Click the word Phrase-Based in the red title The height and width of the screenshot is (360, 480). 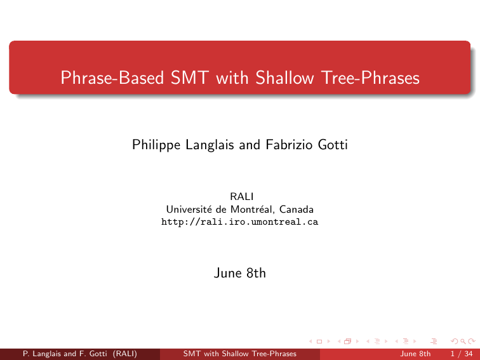pos(112,77)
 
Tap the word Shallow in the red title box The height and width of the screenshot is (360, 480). pos(284,77)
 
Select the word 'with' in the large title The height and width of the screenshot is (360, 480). pos(232,77)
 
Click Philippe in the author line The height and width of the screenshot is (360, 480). pos(156,145)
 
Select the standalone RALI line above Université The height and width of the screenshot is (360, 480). pos(241,197)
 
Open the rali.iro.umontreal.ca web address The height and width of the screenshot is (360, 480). pos(240,222)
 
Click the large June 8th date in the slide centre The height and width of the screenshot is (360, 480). pos(240,273)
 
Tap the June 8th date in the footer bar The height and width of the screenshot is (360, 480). pos(415,354)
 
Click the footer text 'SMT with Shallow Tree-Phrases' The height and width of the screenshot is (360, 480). pos(240,354)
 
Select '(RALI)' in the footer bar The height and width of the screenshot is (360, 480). pos(125,354)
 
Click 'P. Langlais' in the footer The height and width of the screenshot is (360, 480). pos(42,354)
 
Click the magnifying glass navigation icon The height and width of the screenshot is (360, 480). pos(463,342)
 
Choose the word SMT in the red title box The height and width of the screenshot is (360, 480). pos(190,77)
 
